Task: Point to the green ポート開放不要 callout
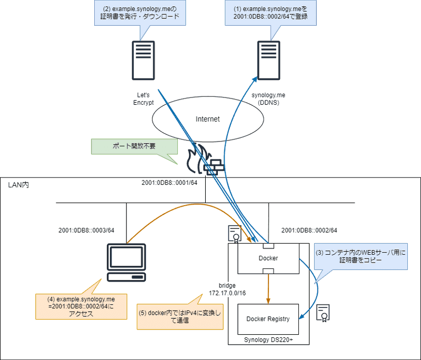pos(129,146)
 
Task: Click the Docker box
pos(268,258)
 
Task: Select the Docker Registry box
pos(268,319)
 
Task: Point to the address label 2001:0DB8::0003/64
pos(86,230)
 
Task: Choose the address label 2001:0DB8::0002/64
pos(309,230)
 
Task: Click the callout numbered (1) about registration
pos(269,12)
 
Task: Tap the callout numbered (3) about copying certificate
pos(360,256)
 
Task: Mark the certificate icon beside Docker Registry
pos(323,312)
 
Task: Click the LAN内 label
pos(18,186)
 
